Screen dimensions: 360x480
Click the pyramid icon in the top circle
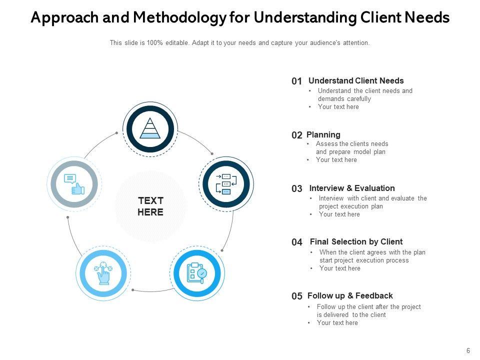coord(149,128)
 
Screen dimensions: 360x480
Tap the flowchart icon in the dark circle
coord(226,184)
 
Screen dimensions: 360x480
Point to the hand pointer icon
coord(103,273)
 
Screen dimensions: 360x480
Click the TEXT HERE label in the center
coord(150,206)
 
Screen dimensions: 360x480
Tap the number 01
coord(297,81)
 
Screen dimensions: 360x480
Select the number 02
coord(297,135)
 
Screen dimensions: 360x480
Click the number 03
coord(297,189)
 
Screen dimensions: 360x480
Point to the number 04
coord(297,242)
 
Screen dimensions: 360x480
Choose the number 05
coord(297,296)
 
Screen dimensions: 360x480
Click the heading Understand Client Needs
coord(356,80)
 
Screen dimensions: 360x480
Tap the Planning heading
coord(323,134)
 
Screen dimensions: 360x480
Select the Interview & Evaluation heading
coord(352,188)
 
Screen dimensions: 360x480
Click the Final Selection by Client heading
coord(356,241)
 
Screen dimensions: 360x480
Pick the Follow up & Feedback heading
coord(350,295)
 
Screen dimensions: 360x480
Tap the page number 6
coord(468,351)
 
